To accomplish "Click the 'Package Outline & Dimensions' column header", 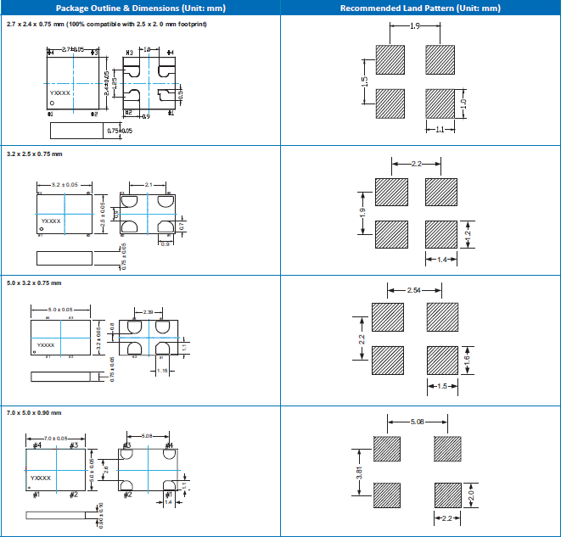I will pos(140,8).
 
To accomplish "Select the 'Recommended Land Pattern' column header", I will pos(420,8).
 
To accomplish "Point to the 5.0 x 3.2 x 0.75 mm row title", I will pos(35,282).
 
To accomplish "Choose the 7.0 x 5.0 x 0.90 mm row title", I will pos(35,412).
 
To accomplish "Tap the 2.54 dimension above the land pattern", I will pos(415,291).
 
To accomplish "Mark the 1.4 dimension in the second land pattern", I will pos(441,259).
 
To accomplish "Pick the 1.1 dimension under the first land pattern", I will pos(441,130).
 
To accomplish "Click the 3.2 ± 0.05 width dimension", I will pos(65,184).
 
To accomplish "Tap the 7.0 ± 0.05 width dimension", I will pos(56,437).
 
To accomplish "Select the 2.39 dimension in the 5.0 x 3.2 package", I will pos(149,312).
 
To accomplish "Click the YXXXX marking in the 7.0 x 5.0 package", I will pos(42,478).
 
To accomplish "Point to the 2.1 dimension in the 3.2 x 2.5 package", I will pos(149,184).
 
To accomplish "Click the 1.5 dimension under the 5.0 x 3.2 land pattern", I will pos(441,387).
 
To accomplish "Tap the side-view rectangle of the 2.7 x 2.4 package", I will pos(76,131).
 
